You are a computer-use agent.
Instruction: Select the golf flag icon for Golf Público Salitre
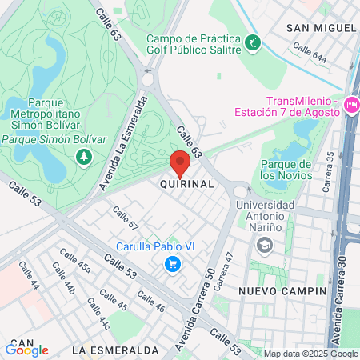[253, 42]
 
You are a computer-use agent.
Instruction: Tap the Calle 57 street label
[126, 218]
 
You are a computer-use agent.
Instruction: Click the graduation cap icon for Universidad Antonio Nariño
[260, 244]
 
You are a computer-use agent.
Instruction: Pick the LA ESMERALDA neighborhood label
[114, 350]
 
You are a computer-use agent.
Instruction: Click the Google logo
[27, 350]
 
